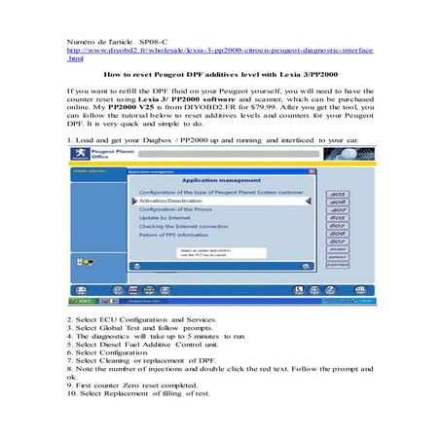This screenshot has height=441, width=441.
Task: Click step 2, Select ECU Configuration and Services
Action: [146, 319]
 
